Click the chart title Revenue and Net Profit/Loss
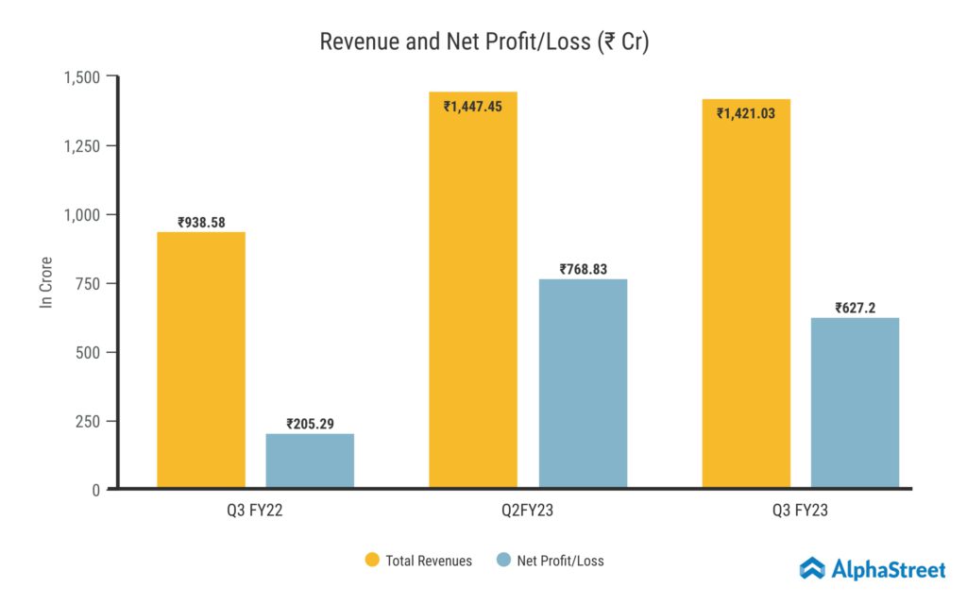pyautogui.click(x=483, y=42)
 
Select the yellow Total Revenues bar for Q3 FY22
pyautogui.click(x=200, y=360)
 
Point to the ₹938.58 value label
pyautogui.click(x=200, y=223)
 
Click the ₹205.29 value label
pyautogui.click(x=310, y=425)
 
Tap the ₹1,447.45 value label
pyautogui.click(x=473, y=106)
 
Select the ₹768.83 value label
pyautogui.click(x=583, y=269)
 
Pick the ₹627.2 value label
pyautogui.click(x=855, y=308)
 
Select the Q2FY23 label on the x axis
pyautogui.click(x=528, y=511)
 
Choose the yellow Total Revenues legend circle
pyautogui.click(x=372, y=561)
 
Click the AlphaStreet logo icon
pyautogui.click(x=812, y=568)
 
